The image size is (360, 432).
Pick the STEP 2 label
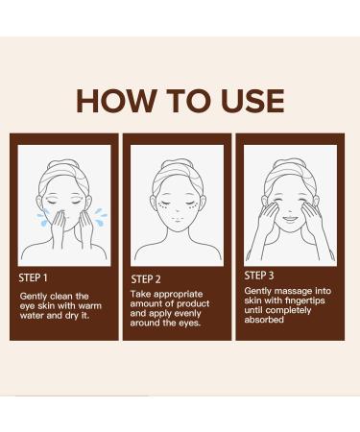(148, 279)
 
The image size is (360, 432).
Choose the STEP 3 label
(261, 276)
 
